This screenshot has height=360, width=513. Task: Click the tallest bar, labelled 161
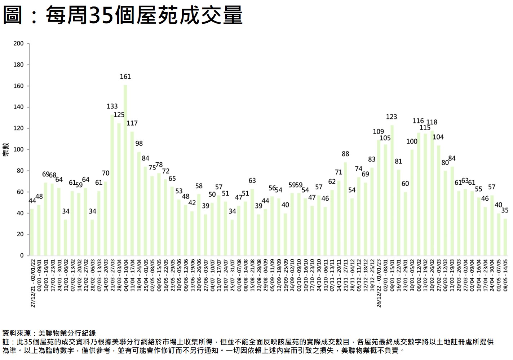click(125, 170)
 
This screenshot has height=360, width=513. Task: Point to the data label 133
click(112, 106)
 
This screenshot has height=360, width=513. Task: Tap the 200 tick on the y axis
click(18, 44)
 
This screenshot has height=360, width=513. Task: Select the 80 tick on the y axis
click(20, 171)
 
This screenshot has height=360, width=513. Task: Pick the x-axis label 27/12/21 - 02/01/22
click(33, 283)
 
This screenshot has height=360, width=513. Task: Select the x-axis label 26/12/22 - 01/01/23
click(379, 283)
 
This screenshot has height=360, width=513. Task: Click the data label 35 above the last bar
click(505, 210)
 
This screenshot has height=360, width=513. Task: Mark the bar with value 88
click(345, 209)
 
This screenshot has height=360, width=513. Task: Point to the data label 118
click(432, 122)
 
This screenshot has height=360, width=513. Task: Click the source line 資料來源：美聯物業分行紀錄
click(49, 333)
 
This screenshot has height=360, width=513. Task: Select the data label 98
click(139, 144)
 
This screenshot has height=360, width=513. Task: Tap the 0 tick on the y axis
click(22, 256)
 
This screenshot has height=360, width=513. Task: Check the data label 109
click(379, 132)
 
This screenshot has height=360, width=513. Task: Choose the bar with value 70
click(106, 219)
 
